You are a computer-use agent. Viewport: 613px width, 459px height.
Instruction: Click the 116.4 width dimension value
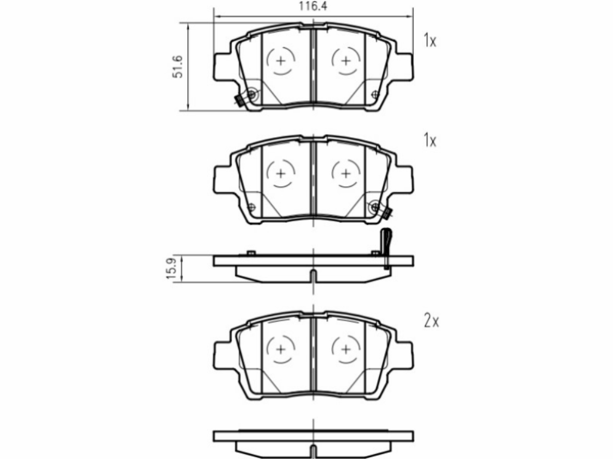(313, 6)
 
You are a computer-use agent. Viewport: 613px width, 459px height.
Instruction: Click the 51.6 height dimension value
(178, 67)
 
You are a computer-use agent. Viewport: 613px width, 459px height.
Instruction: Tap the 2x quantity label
(431, 321)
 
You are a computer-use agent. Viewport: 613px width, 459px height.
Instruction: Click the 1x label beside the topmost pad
(430, 41)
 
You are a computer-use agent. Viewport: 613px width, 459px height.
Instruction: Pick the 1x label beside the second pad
(430, 140)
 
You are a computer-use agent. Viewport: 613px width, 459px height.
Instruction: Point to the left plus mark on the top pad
(281, 61)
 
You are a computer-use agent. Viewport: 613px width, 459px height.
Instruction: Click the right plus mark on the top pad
(346, 61)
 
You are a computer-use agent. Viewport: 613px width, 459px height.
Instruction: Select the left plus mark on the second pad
(281, 173)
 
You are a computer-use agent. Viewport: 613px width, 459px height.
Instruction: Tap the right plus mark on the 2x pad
(346, 349)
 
